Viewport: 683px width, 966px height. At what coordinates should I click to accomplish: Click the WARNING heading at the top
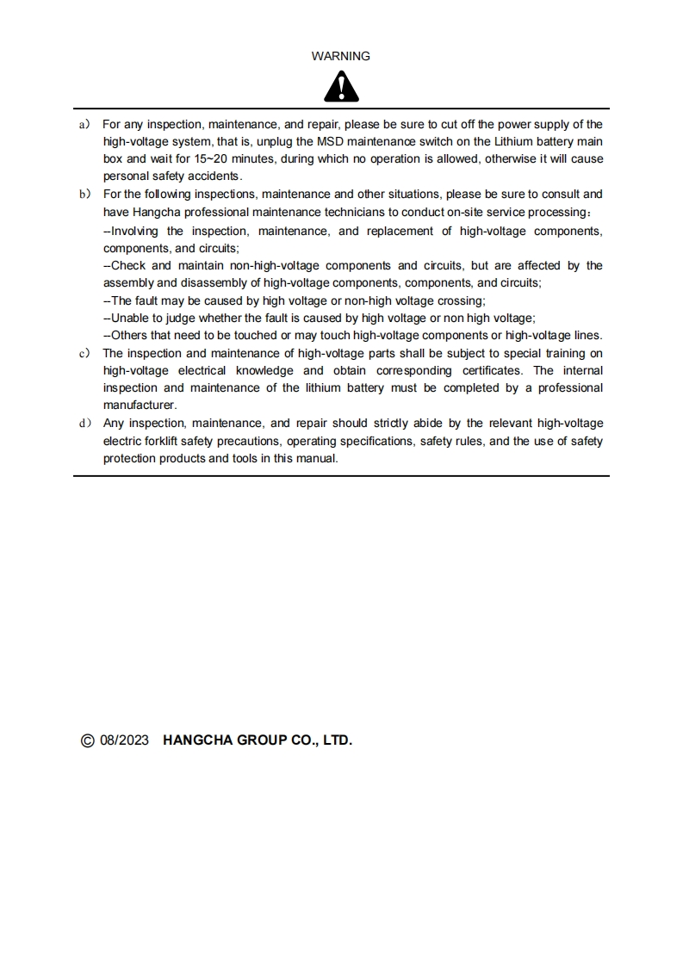pyautogui.click(x=341, y=56)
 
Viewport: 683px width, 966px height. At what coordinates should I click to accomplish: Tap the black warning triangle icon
pyautogui.click(x=341, y=86)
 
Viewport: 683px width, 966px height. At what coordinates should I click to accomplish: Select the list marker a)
pyautogui.click(x=84, y=124)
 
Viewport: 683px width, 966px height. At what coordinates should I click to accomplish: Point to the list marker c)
pyautogui.click(x=84, y=353)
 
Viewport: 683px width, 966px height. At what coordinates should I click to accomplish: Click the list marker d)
pyautogui.click(x=84, y=424)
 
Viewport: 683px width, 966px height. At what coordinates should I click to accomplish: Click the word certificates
pyautogui.click(x=488, y=370)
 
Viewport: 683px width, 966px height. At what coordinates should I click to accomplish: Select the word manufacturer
pyautogui.click(x=139, y=406)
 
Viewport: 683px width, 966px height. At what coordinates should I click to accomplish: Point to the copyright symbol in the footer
pyautogui.click(x=87, y=740)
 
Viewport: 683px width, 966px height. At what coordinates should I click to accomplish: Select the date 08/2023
pyautogui.click(x=126, y=740)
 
